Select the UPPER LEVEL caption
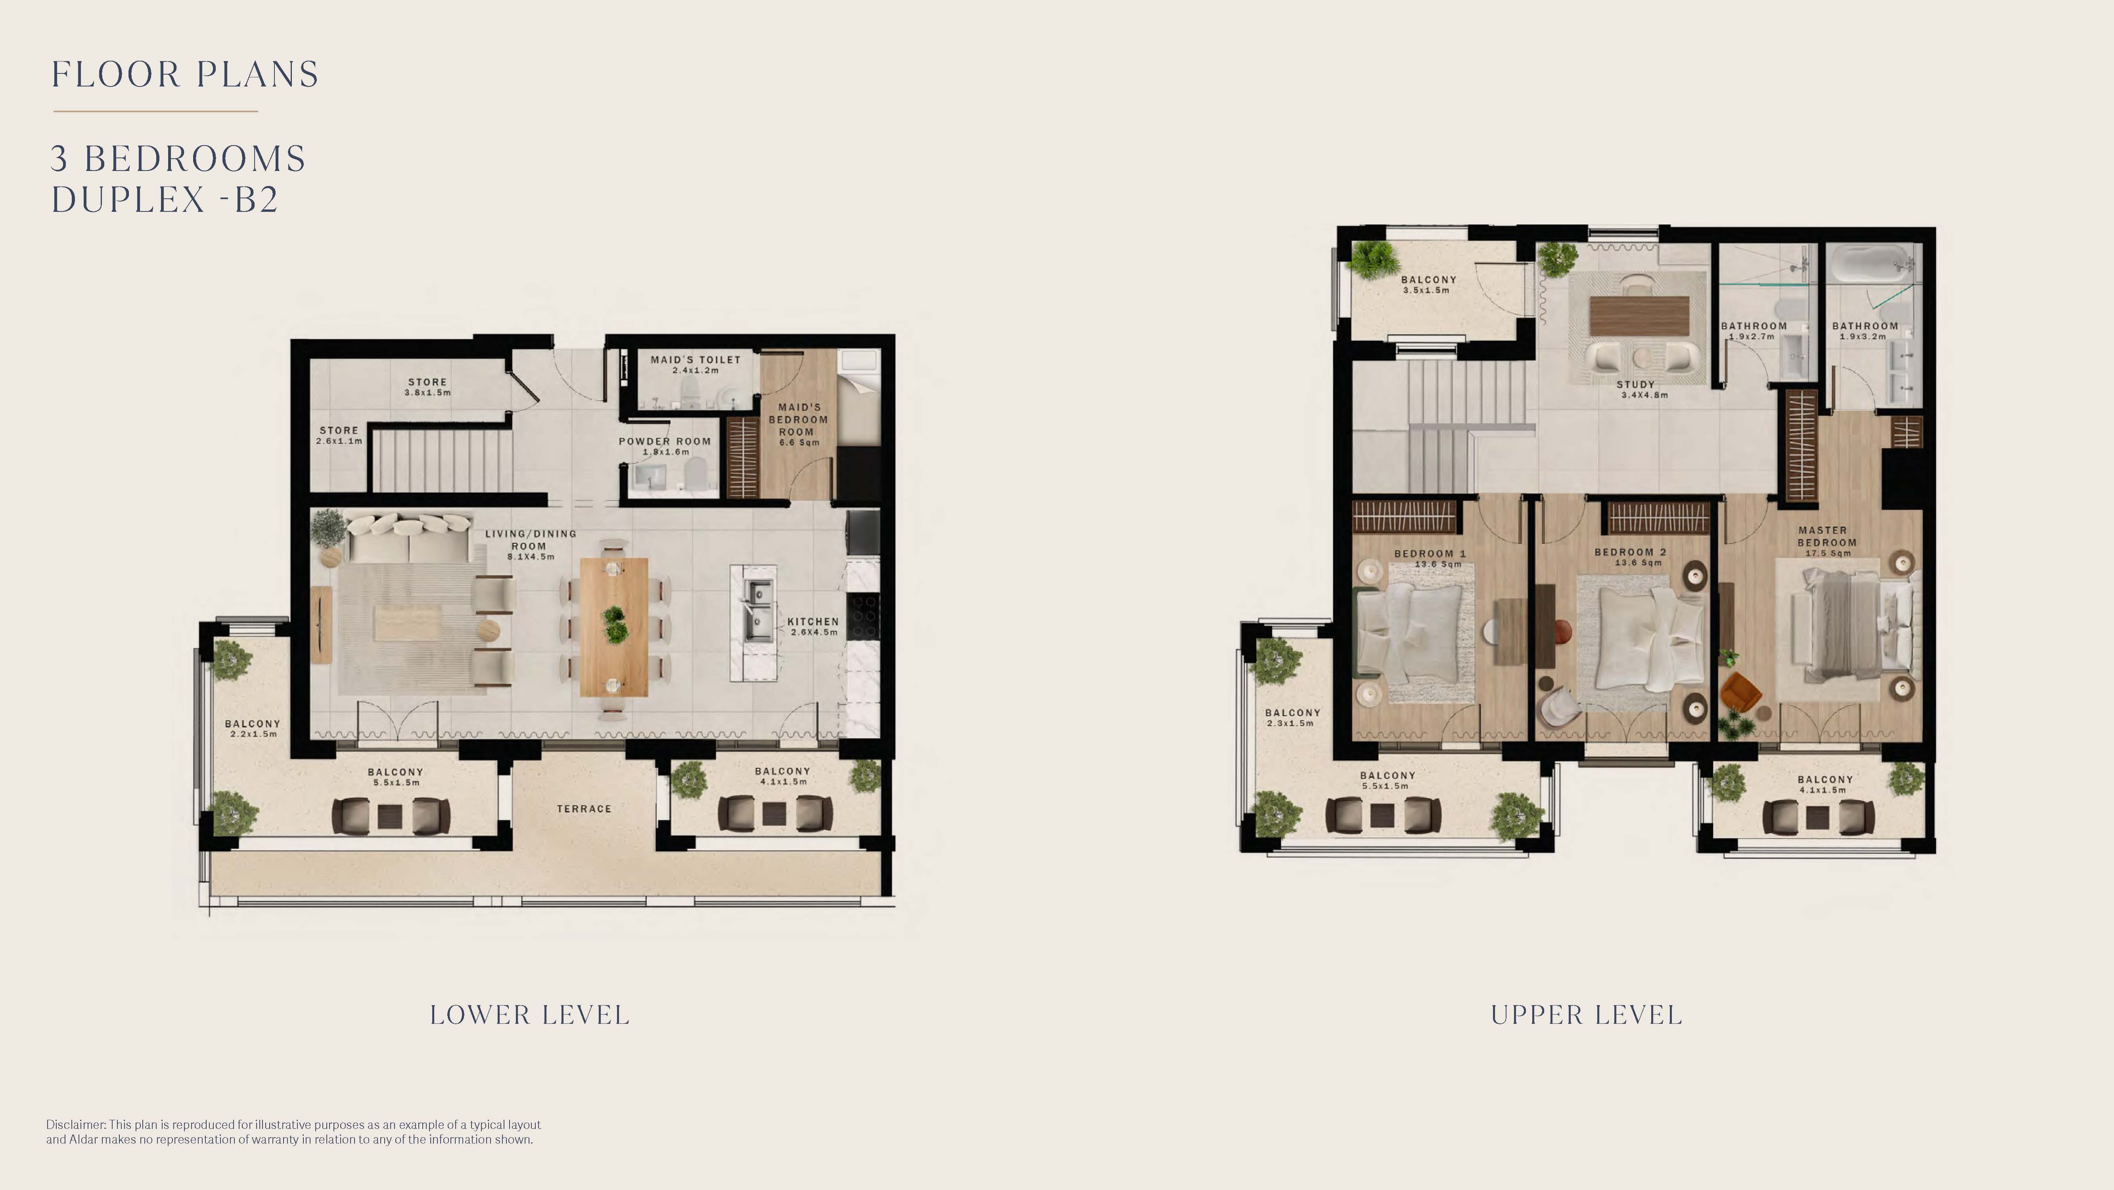pos(1586,1015)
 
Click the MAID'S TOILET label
pos(696,359)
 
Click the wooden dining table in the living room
pos(614,627)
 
